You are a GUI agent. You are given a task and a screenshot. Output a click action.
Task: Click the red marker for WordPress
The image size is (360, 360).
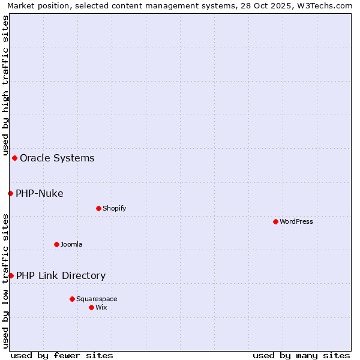pos(275,221)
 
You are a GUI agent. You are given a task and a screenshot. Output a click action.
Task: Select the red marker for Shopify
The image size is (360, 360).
pos(98,208)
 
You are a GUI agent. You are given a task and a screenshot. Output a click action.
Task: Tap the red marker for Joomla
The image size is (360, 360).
pos(56,244)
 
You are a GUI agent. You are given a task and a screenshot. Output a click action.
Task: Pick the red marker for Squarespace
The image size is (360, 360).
pos(72,299)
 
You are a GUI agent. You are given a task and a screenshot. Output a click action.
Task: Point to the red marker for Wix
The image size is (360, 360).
pos(91,307)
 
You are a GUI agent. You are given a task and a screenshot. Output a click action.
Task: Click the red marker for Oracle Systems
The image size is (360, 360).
pos(14,158)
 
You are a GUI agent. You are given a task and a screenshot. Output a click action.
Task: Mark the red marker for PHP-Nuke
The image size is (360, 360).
pos(10,193)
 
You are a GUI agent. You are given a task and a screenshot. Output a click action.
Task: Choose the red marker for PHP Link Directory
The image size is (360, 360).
pos(11,275)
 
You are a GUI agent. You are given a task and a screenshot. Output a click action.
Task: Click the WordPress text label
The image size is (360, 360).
pos(296,221)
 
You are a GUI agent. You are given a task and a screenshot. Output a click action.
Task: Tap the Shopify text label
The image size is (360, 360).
pos(114,208)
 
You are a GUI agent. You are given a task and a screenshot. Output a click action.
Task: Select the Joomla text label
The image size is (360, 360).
pos(71,244)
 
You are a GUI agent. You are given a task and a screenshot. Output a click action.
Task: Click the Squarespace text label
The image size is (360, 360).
pos(97,299)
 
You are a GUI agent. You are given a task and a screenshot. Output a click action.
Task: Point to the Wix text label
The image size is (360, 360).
pos(101,307)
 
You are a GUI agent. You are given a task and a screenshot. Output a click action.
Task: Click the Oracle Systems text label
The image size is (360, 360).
pos(57,158)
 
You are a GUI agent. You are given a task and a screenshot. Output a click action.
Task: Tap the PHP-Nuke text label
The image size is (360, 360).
pos(40,193)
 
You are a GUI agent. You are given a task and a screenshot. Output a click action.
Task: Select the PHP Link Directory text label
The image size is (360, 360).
pos(61,276)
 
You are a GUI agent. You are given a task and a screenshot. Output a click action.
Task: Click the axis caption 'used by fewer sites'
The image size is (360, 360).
pos(62,355)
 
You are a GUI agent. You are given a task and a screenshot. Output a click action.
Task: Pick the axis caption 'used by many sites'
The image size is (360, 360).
pos(301,355)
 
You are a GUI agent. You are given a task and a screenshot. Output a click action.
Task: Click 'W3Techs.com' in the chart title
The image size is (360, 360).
pos(328,5)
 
